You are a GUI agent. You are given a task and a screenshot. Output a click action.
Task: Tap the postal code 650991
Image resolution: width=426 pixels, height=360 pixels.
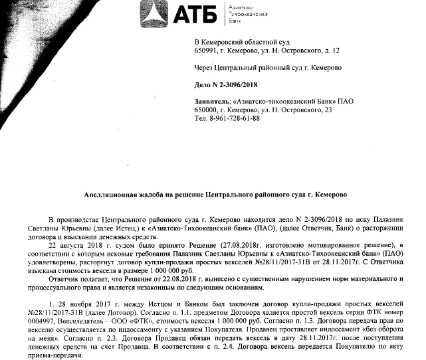pos(205,50)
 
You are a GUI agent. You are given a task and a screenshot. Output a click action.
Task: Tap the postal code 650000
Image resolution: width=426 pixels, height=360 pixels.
pos(205,110)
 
